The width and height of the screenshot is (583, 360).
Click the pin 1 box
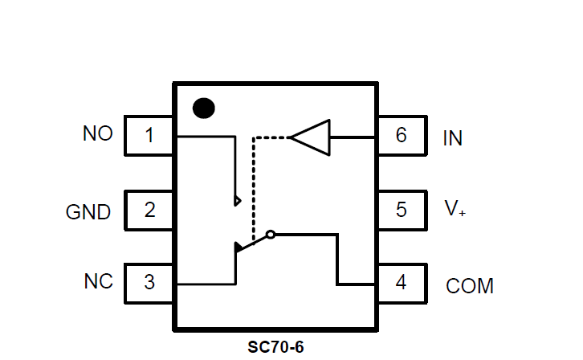coord(149,136)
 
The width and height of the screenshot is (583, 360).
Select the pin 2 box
coord(149,211)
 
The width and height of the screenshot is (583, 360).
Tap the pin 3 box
coord(149,283)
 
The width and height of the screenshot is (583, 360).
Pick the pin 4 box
coord(401,283)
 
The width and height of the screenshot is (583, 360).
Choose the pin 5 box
coord(401,211)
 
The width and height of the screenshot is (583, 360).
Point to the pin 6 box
coord(401,136)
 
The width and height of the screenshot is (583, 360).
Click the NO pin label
coord(98,134)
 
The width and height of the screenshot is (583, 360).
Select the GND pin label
coord(88,213)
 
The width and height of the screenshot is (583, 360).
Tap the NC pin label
coord(98,282)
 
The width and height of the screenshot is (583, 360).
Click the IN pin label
coord(452,138)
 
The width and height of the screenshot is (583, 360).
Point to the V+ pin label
coord(455,209)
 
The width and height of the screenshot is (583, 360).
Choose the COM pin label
coord(470,286)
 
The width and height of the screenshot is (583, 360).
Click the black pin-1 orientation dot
coord(205,108)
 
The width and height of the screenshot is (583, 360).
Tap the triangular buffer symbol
coord(312,137)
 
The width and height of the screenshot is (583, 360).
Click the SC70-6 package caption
coord(276,348)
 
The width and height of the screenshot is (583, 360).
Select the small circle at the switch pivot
coord(271,235)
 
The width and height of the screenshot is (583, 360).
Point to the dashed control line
coord(254,185)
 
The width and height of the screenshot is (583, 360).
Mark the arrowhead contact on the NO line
coord(237,200)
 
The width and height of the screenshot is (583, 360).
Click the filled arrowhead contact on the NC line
coord(238,247)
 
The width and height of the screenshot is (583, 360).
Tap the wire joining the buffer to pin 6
coord(353,137)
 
